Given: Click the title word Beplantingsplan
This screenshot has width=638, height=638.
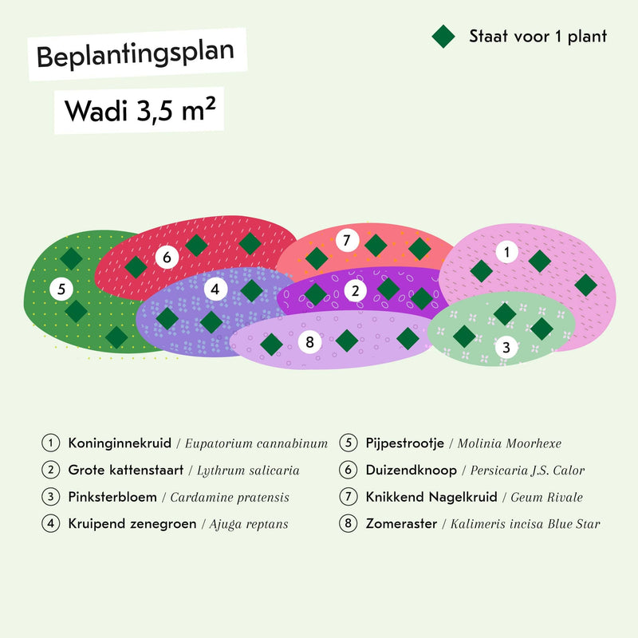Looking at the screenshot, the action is (x=136, y=54).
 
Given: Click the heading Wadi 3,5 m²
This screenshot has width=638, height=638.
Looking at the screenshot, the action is (x=140, y=110).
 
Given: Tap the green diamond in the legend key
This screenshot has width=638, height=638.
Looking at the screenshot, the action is (x=443, y=36).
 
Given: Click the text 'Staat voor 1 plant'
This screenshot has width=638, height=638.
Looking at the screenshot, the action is (x=538, y=36).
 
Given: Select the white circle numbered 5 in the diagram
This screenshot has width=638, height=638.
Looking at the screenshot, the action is (x=61, y=289).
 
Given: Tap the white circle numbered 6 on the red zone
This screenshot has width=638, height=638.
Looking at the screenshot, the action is (x=167, y=257).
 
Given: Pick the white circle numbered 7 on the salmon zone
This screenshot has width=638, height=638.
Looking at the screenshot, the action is (x=347, y=240).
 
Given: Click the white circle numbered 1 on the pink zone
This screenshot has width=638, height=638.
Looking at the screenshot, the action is (x=507, y=252).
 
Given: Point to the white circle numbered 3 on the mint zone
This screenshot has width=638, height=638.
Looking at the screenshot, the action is (x=506, y=347).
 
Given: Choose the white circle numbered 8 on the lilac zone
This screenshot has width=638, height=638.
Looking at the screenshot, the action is (x=309, y=342).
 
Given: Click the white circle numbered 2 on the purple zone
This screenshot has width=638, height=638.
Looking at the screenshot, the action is (x=356, y=290).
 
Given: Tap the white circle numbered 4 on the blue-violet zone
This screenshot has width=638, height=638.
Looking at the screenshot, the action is (x=215, y=289).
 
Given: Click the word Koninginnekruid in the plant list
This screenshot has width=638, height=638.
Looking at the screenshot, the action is (x=120, y=443).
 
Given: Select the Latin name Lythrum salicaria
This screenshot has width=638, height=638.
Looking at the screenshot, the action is (x=248, y=471).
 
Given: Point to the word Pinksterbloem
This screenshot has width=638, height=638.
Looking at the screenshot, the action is (x=112, y=497).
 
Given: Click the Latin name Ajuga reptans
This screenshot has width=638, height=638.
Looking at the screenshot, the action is (x=249, y=524).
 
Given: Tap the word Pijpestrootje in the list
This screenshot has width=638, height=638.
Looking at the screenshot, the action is (x=405, y=443).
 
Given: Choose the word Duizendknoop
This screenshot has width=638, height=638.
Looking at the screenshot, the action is (x=412, y=471).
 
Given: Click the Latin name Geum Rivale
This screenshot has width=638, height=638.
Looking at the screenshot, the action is (x=546, y=497).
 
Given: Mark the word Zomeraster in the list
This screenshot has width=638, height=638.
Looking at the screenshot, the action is (x=401, y=524).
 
